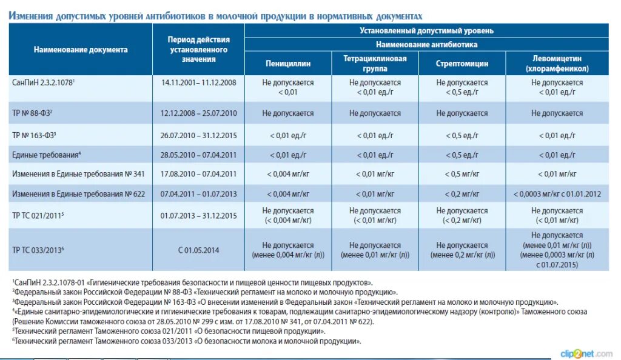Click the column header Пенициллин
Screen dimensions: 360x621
pos(288,63)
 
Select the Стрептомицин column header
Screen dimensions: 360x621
pos(462,63)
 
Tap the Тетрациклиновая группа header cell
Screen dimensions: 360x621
pos(375,63)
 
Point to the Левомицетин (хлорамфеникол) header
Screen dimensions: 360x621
pos(557,63)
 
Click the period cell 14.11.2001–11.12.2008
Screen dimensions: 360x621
pos(198,82)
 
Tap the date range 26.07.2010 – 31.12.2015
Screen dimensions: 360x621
pos(198,135)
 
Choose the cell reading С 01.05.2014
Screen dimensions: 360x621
pos(198,250)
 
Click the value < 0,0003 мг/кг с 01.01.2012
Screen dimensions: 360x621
pos(557,194)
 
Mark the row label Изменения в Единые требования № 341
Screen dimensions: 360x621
pos(78,174)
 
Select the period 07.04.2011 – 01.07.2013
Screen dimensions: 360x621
pos(198,194)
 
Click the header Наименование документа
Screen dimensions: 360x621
pos(81,50)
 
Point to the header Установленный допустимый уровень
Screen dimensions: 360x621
pos(426,30)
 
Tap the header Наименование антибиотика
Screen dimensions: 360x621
pos(426,44)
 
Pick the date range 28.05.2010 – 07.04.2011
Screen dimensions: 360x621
pos(198,155)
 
